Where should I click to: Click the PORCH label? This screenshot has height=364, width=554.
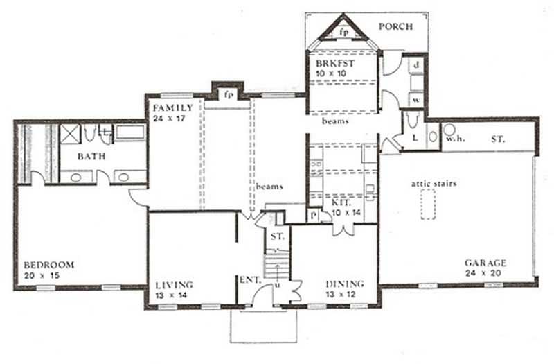(396, 27)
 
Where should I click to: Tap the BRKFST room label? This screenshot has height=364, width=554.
(331, 64)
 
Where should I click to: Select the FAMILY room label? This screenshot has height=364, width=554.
(172, 108)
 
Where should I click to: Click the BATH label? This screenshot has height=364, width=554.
(91, 157)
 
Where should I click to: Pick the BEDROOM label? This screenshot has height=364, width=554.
(48, 265)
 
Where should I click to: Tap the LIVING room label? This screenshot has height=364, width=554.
(174, 285)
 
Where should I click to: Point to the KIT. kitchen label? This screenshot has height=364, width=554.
(342, 202)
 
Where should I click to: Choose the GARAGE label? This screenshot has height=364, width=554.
(485, 263)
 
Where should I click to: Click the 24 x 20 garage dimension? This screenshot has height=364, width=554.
(485, 274)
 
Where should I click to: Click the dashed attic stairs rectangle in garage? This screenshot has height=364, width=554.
(427, 205)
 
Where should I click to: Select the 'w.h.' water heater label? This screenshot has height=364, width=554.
(454, 139)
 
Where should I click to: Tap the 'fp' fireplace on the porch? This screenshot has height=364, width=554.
(344, 32)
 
